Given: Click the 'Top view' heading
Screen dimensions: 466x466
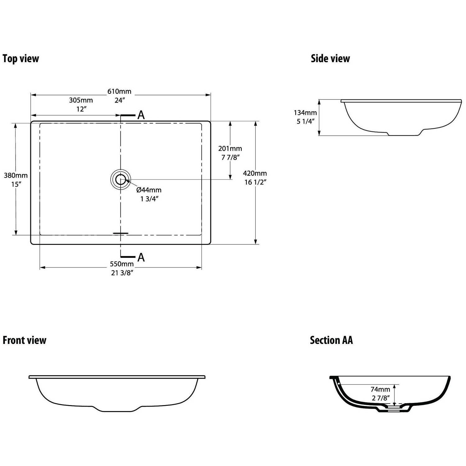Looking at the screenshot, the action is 21,58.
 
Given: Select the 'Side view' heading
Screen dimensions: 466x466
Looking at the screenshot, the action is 330,58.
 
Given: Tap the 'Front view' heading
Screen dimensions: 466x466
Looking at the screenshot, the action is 24,340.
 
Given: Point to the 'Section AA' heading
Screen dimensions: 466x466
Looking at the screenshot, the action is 331,340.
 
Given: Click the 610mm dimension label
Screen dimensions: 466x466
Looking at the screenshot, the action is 119,91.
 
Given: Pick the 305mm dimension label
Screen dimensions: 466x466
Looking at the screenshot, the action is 81,100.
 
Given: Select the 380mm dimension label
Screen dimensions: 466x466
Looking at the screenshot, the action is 16,175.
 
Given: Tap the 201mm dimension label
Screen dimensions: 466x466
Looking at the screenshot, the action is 230,148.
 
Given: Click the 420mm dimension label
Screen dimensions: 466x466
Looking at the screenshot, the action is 255,173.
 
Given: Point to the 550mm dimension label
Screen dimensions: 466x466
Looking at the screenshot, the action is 122,264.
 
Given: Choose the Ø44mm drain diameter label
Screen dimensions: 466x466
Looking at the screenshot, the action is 149,190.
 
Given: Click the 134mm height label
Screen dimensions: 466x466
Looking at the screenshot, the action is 305,113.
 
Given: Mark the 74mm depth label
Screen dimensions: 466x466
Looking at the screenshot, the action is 380,389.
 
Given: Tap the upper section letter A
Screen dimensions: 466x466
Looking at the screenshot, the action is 141,115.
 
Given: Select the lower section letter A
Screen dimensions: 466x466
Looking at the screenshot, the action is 141,257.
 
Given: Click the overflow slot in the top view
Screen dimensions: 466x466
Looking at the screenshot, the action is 121,233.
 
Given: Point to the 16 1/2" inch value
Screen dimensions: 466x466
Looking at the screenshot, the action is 255,182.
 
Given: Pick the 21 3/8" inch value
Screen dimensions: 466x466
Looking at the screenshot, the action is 122,273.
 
